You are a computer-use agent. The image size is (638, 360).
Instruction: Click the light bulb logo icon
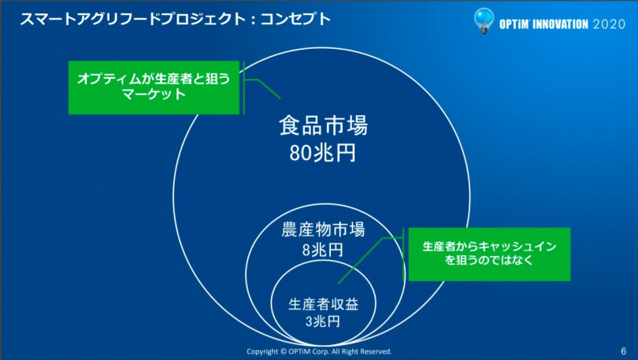pos(484,20)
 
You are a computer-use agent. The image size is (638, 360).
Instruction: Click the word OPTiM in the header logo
pos(514,24)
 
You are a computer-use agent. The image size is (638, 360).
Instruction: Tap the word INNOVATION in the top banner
pos(560,24)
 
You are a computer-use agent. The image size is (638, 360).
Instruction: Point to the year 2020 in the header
pos(609,24)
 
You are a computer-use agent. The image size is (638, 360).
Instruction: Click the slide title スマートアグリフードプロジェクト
pos(132,19)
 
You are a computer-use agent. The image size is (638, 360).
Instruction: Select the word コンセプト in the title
pos(295,19)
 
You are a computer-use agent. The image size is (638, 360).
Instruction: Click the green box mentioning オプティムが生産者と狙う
pos(154,87)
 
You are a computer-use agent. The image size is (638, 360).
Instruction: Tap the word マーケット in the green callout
pos(154,95)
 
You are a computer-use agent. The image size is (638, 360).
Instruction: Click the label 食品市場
pos(324,125)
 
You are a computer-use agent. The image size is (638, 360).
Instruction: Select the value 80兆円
pos(323,154)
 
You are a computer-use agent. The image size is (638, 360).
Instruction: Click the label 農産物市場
pos(324,230)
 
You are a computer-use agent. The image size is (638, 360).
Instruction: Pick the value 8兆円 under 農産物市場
pos(323,250)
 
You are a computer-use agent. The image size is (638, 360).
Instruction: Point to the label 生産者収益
pos(324,304)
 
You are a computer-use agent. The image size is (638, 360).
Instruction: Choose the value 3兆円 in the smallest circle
pos(323,321)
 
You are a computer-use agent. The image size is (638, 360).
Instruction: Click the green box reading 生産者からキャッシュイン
pos(489,254)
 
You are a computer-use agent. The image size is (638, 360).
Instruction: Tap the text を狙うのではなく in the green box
pos(489,260)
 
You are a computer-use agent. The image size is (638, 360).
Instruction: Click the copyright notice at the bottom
pos(319,351)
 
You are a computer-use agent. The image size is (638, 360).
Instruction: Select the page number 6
pos(623,351)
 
